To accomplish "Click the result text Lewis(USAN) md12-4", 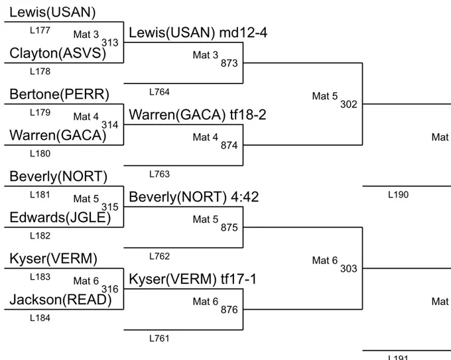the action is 198,32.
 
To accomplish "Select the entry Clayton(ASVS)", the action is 58,54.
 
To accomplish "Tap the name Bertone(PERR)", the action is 59,94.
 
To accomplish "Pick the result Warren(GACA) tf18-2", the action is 198,115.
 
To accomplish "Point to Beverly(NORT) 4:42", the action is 194,197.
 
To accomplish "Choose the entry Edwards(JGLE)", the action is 60,217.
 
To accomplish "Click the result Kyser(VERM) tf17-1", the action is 192,279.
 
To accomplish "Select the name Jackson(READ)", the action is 60,300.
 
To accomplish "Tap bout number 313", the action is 110,43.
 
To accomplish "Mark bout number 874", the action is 229,145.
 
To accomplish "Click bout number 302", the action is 349,104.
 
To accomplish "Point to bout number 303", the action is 349,269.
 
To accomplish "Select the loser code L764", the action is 159,92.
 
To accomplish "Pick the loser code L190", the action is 398,195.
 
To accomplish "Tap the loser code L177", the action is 40,30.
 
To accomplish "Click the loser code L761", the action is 159,338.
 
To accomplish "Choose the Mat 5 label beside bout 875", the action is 206,219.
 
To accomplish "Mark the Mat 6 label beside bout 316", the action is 86,281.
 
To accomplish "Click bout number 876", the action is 229,310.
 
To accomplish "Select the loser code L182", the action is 40,236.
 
